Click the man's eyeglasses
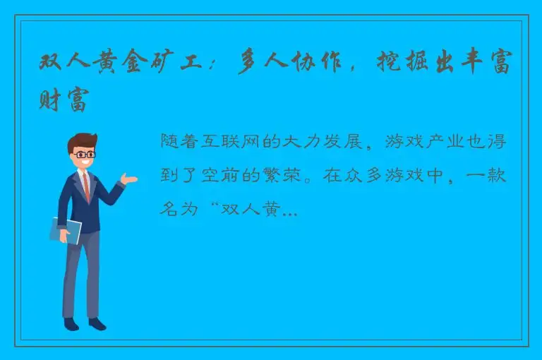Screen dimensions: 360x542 (x=85, y=154)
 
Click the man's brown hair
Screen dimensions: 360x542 (x=83, y=140)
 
